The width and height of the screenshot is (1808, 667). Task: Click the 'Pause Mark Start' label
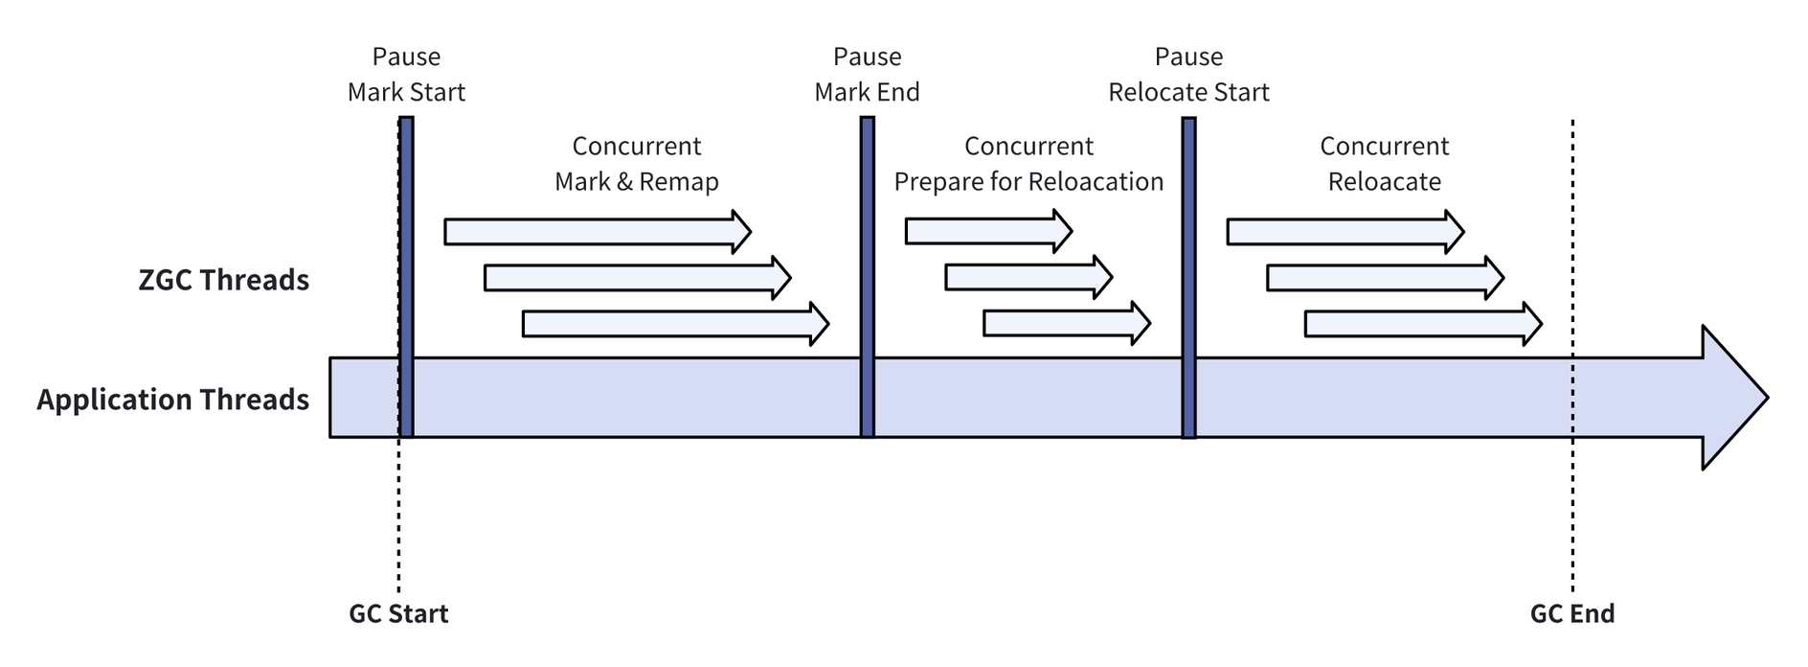pyautogui.click(x=406, y=75)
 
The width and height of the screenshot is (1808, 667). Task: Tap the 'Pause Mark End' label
pyautogui.click(x=867, y=75)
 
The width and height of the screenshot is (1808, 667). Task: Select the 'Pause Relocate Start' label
pyautogui.click(x=1188, y=75)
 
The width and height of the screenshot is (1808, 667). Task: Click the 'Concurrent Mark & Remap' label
pyautogui.click(x=637, y=164)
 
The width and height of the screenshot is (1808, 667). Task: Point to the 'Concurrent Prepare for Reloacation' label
pyautogui.click(x=1028, y=164)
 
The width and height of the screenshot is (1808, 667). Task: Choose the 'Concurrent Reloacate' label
pyautogui.click(x=1384, y=164)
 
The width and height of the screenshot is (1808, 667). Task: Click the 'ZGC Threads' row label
pyautogui.click(x=224, y=280)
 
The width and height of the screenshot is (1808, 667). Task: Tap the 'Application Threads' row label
pyautogui.click(x=173, y=400)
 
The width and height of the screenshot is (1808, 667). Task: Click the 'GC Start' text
pyautogui.click(x=398, y=613)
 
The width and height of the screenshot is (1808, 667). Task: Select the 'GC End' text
pyautogui.click(x=1572, y=613)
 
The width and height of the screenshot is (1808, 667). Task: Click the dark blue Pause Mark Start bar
pyautogui.click(x=406, y=277)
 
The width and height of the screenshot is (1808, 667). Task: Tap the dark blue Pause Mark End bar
pyautogui.click(x=867, y=277)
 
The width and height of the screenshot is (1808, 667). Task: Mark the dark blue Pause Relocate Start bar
pyautogui.click(x=1188, y=277)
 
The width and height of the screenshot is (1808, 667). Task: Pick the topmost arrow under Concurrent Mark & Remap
pyautogui.click(x=598, y=232)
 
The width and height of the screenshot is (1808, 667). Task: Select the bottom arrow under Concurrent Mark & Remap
pyautogui.click(x=675, y=324)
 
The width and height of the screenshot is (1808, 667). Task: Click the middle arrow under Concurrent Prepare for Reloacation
pyautogui.click(x=1028, y=278)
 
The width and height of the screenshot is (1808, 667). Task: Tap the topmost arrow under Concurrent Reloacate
pyautogui.click(x=1345, y=232)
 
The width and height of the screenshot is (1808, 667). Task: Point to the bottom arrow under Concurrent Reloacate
pyautogui.click(x=1423, y=324)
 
